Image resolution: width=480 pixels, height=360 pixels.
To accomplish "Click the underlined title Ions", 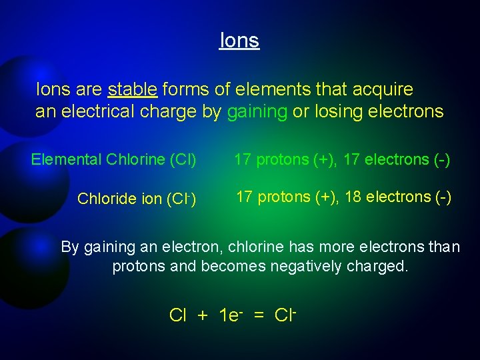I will [239, 41].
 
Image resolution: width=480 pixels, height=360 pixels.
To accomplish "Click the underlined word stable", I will [132, 89].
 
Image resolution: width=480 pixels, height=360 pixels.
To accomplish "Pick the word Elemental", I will [65, 159].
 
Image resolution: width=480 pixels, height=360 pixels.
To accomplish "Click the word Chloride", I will [105, 199].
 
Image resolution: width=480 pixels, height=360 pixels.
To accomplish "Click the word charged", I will [377, 267].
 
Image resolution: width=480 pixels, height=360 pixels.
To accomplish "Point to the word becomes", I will [229, 267].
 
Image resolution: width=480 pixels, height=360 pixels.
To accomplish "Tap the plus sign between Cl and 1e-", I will [202, 315].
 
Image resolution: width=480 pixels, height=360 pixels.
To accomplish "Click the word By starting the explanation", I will [70, 247].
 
